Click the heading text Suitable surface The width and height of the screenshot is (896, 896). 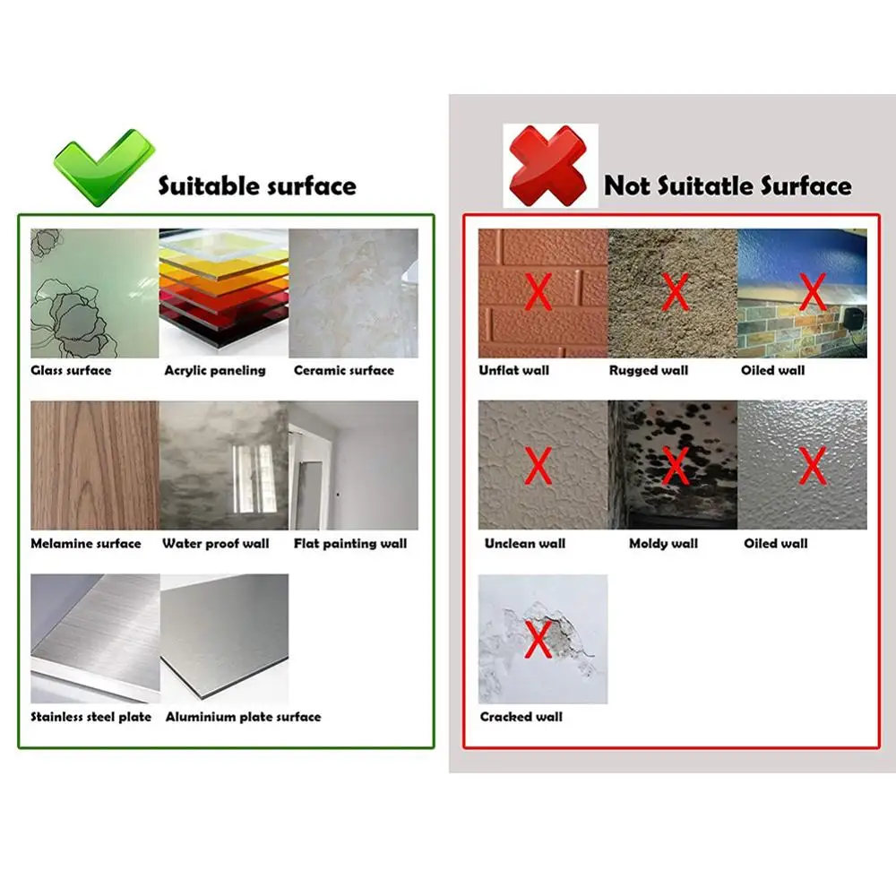click(257, 186)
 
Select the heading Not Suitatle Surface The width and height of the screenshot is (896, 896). click(728, 186)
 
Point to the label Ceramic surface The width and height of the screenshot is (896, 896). click(344, 370)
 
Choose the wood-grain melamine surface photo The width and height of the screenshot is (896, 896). click(94, 465)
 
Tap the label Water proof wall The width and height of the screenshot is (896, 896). click(216, 543)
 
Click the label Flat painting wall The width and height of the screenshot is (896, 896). click(350, 543)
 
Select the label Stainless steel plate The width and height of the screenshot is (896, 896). click(91, 717)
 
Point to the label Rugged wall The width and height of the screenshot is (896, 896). click(648, 370)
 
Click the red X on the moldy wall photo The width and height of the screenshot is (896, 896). click(675, 465)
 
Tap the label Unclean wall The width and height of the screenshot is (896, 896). click(525, 543)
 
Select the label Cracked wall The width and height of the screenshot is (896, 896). click(521, 717)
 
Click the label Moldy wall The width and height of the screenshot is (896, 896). click(663, 543)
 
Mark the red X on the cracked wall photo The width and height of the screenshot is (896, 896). click(538, 639)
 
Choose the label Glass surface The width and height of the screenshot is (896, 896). click(71, 370)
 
